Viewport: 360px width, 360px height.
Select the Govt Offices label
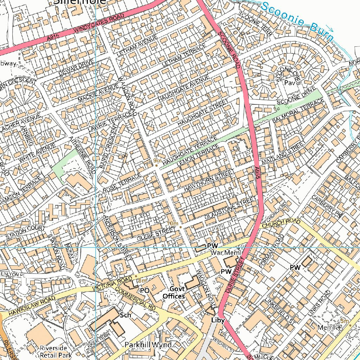[174, 293]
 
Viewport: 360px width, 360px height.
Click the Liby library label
[218, 320]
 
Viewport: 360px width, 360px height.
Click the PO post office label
[145, 291]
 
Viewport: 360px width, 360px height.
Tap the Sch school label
[126, 315]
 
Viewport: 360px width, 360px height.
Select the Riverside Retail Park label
[56, 352]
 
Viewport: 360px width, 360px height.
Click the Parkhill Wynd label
[148, 345]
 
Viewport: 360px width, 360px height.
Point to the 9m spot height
[157, 161]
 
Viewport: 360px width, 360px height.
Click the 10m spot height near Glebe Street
[173, 224]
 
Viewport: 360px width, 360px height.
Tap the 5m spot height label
[345, 321]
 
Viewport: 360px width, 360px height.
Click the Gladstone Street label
[230, 210]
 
